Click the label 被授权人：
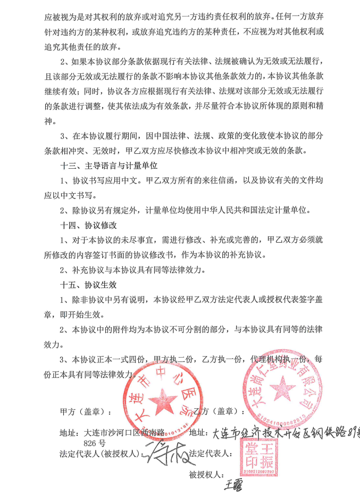coord(207,474)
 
